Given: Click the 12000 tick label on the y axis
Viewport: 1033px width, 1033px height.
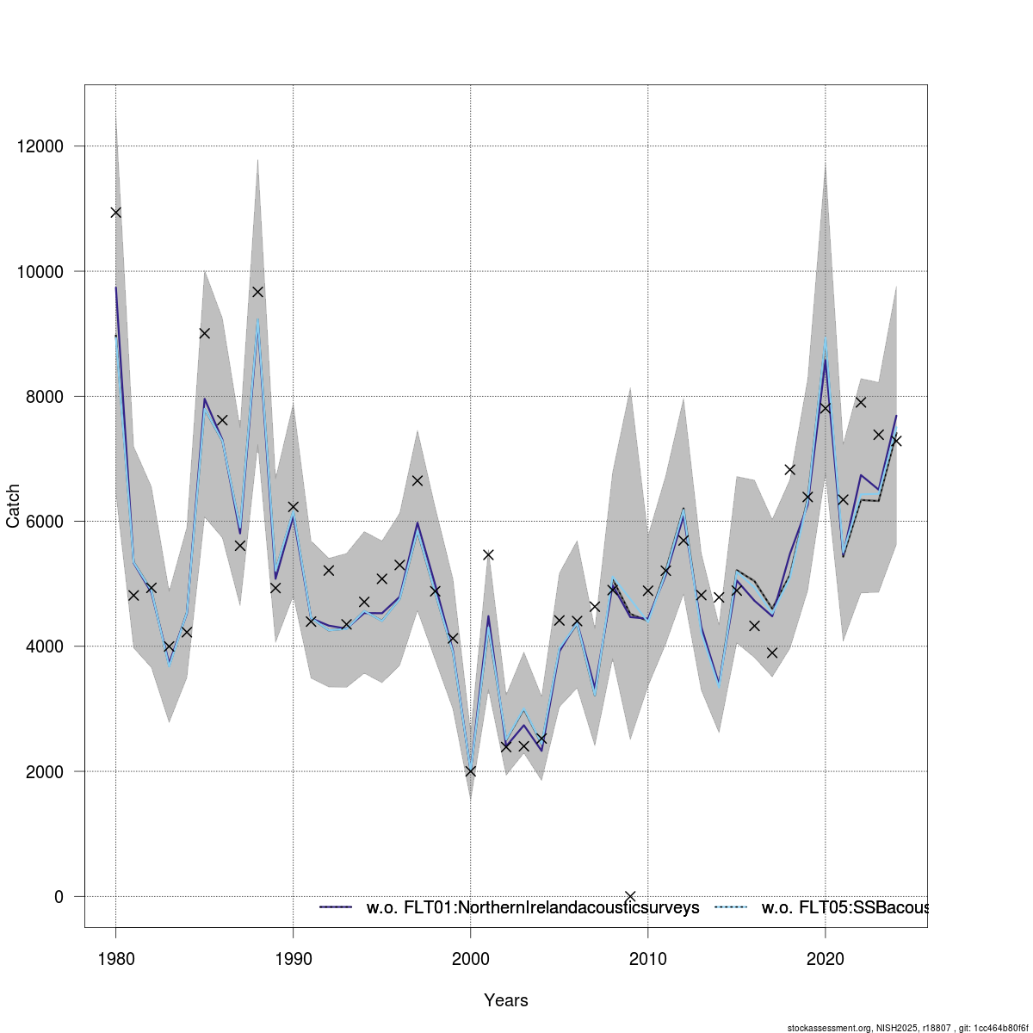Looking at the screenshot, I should [40, 146].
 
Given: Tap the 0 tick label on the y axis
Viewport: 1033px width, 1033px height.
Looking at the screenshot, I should [59, 897].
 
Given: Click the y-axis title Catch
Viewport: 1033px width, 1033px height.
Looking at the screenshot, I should [14, 506].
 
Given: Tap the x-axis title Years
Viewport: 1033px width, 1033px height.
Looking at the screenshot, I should [506, 1000].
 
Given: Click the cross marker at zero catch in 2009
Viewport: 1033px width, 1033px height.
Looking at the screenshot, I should [630, 896].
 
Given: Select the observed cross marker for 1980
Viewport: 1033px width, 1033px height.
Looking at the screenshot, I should [116, 213].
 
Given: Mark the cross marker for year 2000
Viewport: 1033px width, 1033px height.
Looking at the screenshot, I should [470, 771].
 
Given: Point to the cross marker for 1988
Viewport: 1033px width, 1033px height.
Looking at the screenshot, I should [257, 292].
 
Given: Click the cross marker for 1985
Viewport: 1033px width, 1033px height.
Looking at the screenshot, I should [205, 333].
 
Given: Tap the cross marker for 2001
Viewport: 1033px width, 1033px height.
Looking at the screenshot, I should [488, 554].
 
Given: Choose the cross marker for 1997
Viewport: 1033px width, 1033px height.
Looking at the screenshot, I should [418, 480].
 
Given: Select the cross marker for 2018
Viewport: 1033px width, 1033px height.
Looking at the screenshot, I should [790, 469].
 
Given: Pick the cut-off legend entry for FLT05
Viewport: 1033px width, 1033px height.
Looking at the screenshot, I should [844, 908].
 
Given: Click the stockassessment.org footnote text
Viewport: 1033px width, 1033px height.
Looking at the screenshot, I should [908, 1028].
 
